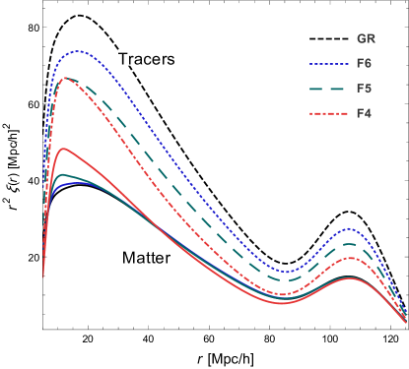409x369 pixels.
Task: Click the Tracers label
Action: coord(146,59)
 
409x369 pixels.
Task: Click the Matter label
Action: coord(146,258)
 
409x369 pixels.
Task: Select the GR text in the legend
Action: coord(365,39)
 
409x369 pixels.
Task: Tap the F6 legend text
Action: coord(364,64)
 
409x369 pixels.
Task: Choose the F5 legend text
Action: coord(364,89)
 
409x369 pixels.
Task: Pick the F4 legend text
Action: coord(364,113)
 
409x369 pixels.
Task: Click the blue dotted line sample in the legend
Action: coord(328,64)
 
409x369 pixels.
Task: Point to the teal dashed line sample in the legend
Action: coord(328,89)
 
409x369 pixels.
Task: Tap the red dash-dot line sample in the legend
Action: coord(328,113)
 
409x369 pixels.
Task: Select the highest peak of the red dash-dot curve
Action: coord(65,78)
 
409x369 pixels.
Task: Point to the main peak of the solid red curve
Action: coord(64,149)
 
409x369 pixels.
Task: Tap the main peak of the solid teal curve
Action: coord(64,174)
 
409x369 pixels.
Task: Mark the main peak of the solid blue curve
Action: coord(69,182)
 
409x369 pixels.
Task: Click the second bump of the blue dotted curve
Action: coord(350,230)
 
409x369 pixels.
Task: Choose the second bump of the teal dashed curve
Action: coord(350,244)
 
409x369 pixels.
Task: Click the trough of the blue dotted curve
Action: coord(287,272)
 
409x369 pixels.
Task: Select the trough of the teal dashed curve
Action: coord(285,281)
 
